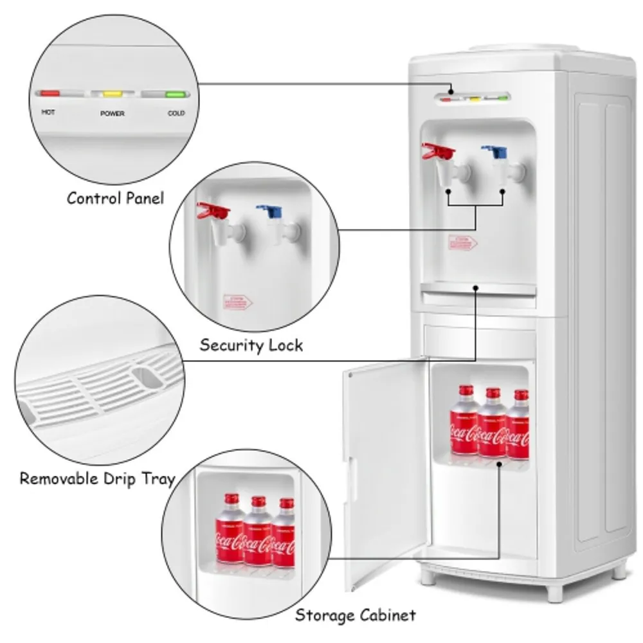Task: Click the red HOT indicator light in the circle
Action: tap(50, 93)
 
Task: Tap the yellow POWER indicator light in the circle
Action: tap(113, 94)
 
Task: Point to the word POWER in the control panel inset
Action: tap(112, 114)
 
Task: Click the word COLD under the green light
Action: tap(176, 114)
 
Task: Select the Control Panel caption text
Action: tap(115, 198)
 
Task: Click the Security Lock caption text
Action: tap(251, 345)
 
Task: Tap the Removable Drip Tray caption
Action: tap(96, 478)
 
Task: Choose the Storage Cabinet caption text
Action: tap(356, 615)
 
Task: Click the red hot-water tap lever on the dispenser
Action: tap(437, 152)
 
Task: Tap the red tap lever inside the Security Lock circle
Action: tap(213, 210)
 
